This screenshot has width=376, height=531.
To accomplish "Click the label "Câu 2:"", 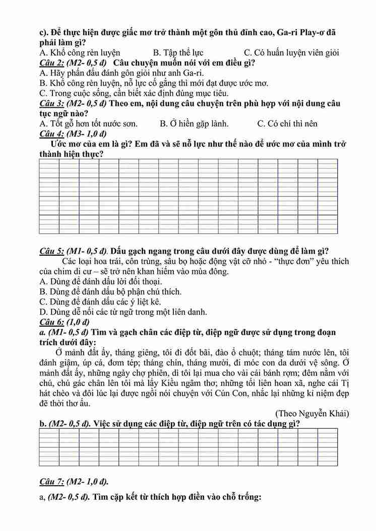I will [51, 63].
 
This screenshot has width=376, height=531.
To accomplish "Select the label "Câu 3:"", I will [51, 103].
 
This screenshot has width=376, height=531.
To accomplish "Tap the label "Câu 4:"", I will [51, 133].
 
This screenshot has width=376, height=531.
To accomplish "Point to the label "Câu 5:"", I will [51, 251].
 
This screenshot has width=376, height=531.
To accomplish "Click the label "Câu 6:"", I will [51, 322].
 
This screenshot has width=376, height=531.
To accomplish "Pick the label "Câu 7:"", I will [51, 481].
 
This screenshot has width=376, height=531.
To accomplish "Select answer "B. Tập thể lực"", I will [178, 52].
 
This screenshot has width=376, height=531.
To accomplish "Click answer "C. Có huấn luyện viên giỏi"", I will [291, 52].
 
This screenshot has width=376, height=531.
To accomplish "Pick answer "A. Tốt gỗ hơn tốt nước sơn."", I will [88, 123].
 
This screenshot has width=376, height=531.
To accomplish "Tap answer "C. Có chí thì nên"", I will [287, 123].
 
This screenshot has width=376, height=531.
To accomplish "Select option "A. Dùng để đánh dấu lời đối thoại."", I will [100, 281].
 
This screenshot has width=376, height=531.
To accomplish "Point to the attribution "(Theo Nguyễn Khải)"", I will [312, 413].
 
